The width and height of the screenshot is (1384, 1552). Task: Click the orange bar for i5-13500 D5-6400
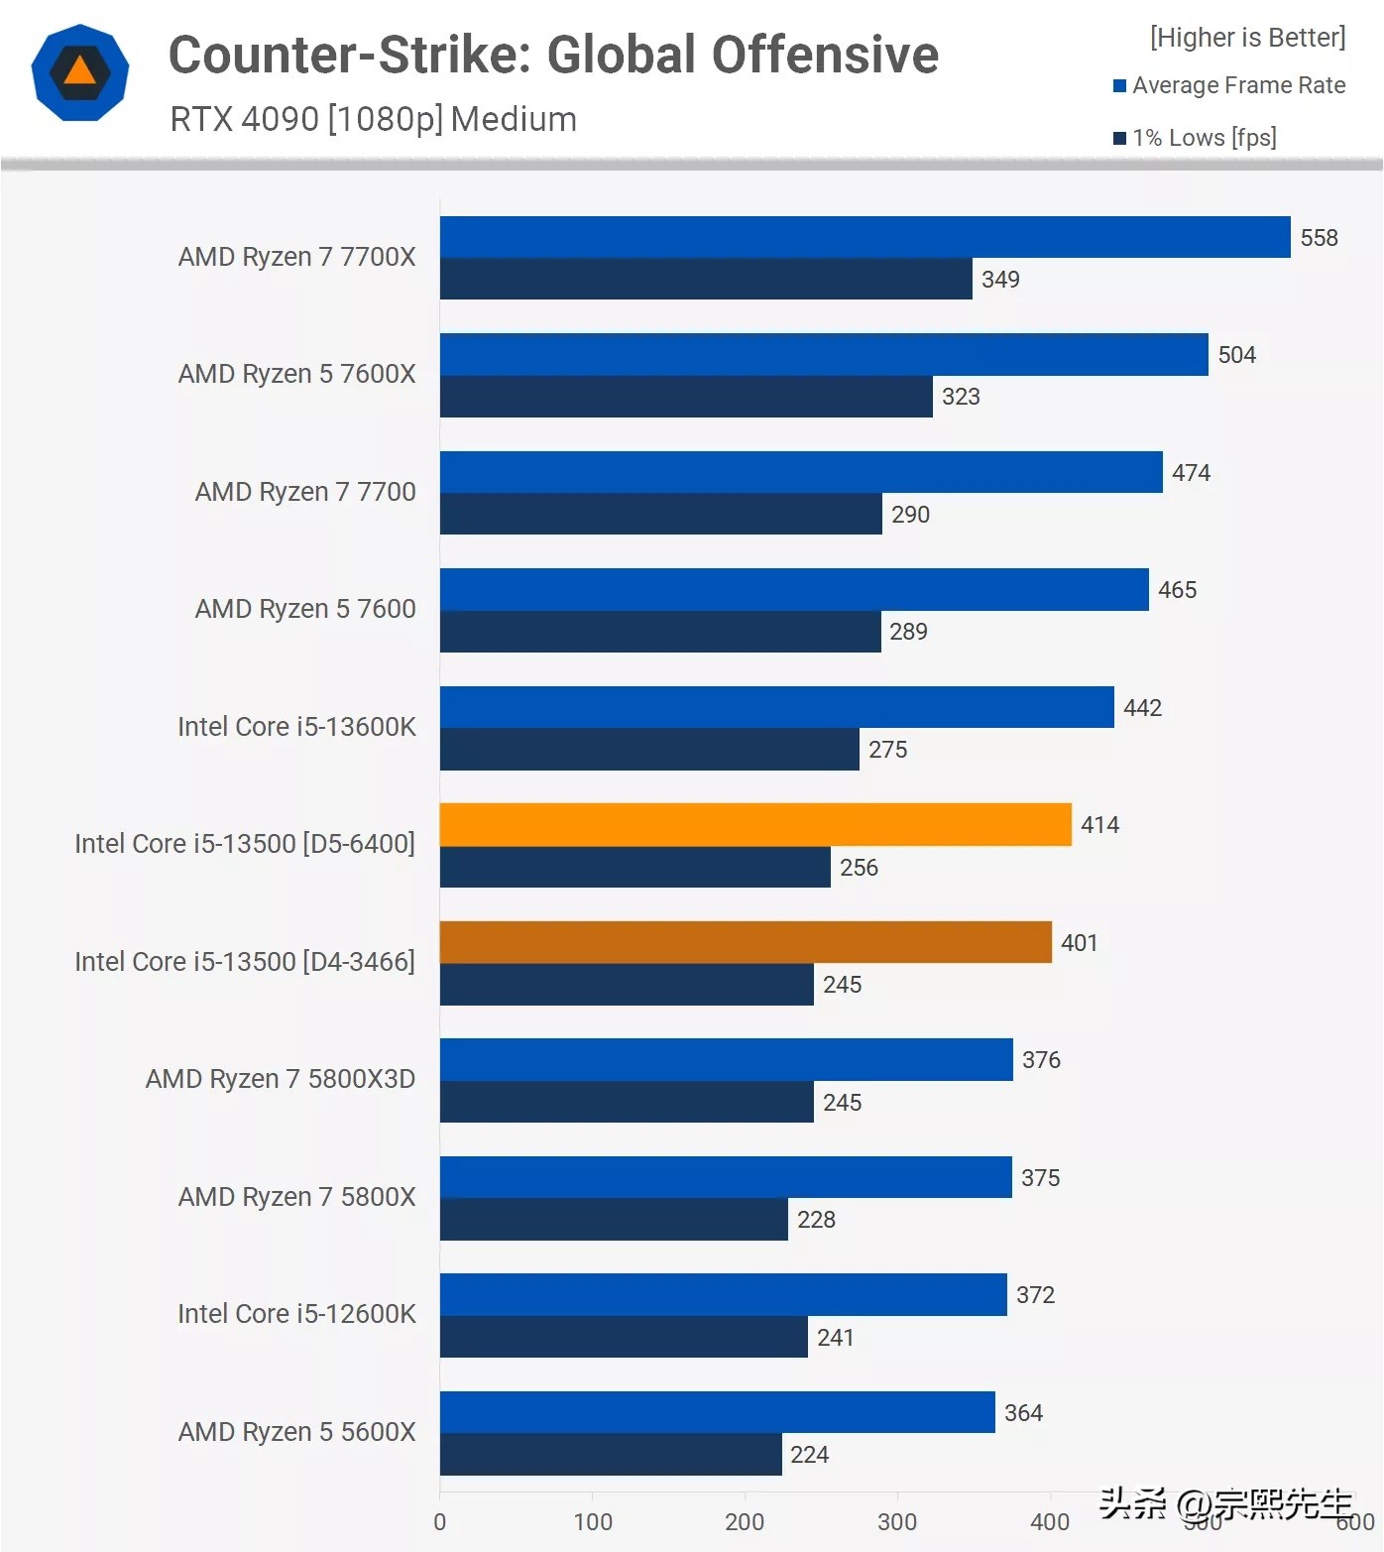tap(755, 824)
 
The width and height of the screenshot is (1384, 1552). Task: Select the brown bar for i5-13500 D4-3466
tap(746, 942)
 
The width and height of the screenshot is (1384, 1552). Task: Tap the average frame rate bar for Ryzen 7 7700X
tap(865, 237)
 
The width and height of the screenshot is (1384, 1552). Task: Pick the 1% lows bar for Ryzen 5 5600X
tap(611, 1454)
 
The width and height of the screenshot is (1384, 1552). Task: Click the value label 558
tap(1319, 238)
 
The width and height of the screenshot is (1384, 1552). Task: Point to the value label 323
tap(961, 397)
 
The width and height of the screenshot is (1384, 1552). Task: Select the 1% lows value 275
tap(887, 750)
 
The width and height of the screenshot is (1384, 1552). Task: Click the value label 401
tap(1079, 943)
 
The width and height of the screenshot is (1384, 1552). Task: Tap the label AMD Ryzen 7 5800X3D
tap(281, 1079)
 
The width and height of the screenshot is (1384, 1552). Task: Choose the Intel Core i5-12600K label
tap(296, 1314)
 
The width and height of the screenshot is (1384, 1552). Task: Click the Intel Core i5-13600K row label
tap(296, 727)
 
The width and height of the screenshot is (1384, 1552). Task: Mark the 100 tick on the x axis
tap(593, 1522)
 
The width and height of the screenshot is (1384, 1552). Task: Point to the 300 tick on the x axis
tap(897, 1522)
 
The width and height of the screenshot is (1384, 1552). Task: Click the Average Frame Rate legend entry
tap(1238, 85)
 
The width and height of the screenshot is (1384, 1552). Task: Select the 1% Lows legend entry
tap(1204, 138)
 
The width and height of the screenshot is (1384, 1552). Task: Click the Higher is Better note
tap(1247, 38)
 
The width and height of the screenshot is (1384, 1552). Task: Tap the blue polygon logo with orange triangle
tap(80, 73)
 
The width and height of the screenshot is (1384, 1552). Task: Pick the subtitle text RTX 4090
tap(244, 119)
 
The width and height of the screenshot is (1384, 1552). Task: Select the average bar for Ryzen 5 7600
tap(794, 589)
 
